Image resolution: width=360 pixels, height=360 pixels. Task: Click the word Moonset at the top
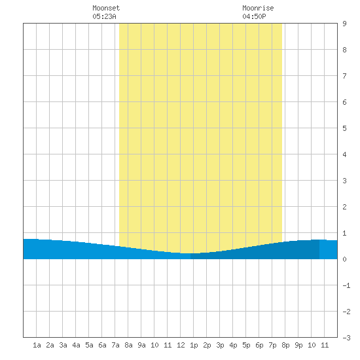click(x=106, y=8)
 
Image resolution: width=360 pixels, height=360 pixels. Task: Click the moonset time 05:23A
click(x=105, y=16)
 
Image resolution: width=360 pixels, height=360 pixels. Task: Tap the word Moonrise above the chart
click(x=258, y=8)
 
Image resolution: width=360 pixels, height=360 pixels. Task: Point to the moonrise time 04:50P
click(x=254, y=16)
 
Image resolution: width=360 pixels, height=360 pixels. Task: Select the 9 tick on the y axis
click(x=344, y=24)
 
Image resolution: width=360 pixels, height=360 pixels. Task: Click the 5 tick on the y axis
click(x=344, y=128)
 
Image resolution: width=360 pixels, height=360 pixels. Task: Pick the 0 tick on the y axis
click(x=344, y=259)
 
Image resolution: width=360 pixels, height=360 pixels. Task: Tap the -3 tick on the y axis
click(x=346, y=338)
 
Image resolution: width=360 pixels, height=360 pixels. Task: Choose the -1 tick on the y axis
click(x=346, y=285)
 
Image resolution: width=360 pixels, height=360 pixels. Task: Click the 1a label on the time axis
click(x=37, y=345)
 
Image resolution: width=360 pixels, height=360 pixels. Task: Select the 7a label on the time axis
click(x=115, y=345)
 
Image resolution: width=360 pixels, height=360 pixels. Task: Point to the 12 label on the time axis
click(x=181, y=345)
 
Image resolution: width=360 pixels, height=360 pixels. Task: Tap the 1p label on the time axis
click(x=194, y=345)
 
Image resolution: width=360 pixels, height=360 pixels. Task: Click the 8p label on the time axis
click(x=285, y=345)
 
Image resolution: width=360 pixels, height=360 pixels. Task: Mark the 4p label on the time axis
click(x=233, y=345)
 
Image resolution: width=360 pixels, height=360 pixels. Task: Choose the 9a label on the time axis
click(x=141, y=345)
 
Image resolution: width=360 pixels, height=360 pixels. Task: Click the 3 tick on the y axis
click(x=344, y=181)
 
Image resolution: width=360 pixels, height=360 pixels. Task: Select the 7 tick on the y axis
click(x=344, y=76)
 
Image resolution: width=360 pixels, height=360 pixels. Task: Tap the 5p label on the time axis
click(x=246, y=345)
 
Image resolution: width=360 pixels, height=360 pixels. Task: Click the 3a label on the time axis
click(x=63, y=345)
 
